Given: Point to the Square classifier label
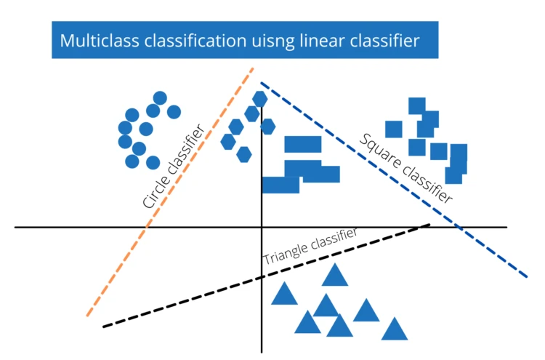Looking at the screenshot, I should pos(406,167).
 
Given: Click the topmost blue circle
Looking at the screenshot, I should pos(160,98).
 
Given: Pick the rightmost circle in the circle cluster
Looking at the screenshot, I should pos(174,111).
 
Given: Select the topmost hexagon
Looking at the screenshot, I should pos(260,98).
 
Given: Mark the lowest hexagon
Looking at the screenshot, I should pos(243,154).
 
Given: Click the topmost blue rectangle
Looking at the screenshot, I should pos(303,144).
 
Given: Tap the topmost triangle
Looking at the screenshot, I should pos(335,275).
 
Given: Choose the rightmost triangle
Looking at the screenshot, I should pos(395,329).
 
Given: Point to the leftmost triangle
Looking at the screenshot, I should pos(284,294).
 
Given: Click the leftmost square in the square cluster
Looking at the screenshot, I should pos(394,129).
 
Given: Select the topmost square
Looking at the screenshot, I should pos(416,105).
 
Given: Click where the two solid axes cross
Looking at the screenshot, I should pos(261,228).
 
